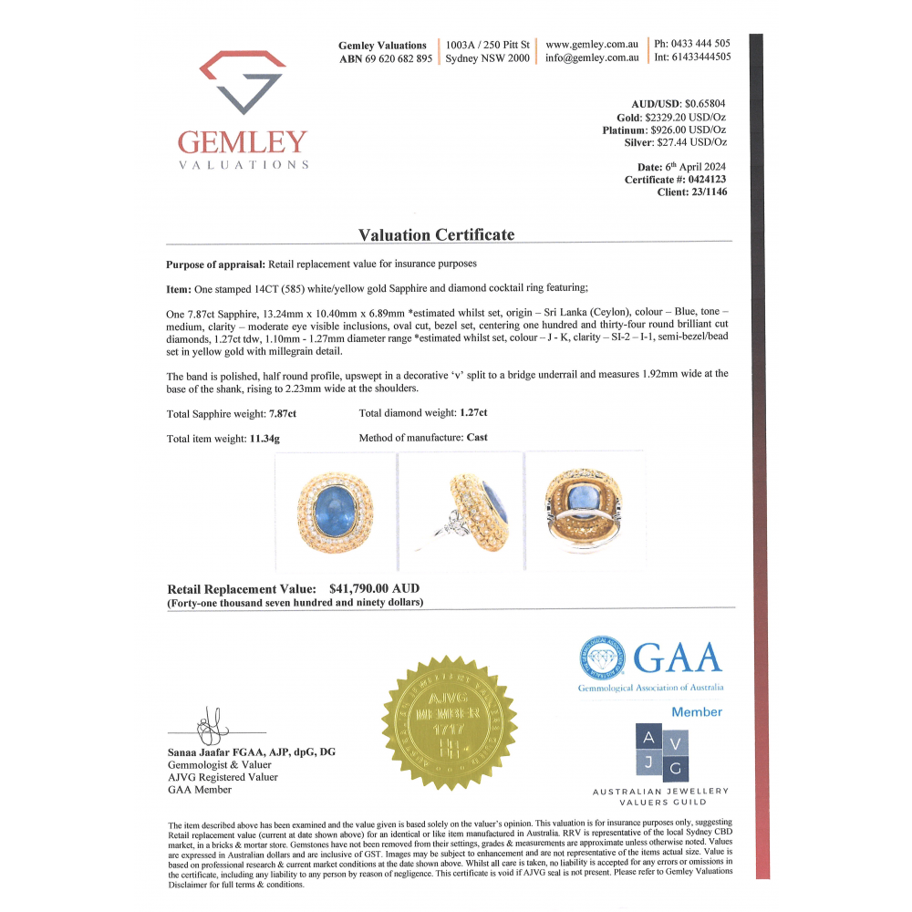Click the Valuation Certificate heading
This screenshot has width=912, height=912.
(x=436, y=234)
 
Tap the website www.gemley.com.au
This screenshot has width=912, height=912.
(x=591, y=44)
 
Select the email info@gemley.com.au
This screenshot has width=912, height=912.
(x=591, y=57)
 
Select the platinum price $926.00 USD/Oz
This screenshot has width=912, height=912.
(x=690, y=130)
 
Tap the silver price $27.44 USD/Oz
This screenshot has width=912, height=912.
(x=691, y=142)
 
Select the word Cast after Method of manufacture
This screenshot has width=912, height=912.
(x=477, y=438)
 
